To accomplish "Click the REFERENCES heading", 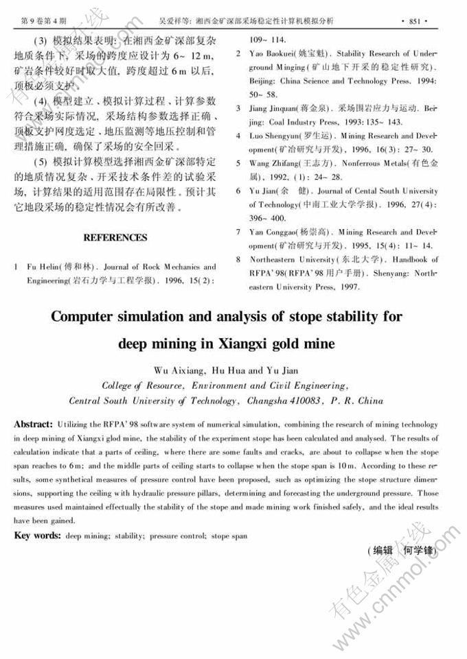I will point(115,237).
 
